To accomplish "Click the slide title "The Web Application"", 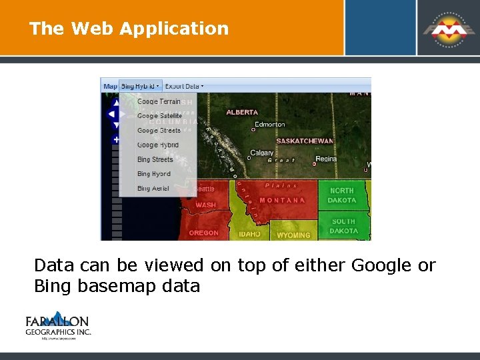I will (129, 29).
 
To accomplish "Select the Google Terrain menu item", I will (159, 101).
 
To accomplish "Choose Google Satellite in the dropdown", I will (159, 116).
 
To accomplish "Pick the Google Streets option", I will (159, 131).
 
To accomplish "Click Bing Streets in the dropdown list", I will (155, 159).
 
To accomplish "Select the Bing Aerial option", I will (153, 189).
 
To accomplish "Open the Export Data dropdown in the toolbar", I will (184, 86).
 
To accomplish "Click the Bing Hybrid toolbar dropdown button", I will (140, 86).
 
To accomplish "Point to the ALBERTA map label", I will (242, 113).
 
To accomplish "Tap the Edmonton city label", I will (270, 125).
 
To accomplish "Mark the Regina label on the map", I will (326, 159).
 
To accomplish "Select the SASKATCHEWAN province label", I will (305, 141).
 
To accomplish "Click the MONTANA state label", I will (282, 200).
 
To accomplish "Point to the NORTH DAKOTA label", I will (342, 195).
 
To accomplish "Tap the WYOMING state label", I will (293, 235).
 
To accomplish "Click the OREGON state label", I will (203, 233).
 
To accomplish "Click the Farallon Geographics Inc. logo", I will (58, 325).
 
